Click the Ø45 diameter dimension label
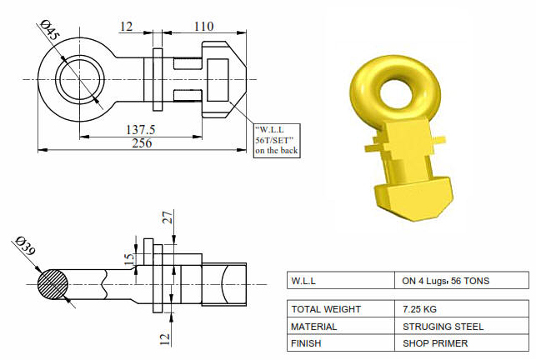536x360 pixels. (x=50, y=30)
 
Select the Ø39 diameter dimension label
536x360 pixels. (x=25, y=245)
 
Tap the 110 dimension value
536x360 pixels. (x=203, y=27)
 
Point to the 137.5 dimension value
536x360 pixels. (x=141, y=129)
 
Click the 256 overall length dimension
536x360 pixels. (x=142, y=142)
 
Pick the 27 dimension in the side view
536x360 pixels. (x=168, y=217)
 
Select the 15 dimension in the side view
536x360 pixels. (x=129, y=260)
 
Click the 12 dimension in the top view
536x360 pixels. (x=126, y=27)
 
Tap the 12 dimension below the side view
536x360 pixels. (x=164, y=339)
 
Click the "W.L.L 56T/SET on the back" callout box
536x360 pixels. (x=277, y=141)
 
